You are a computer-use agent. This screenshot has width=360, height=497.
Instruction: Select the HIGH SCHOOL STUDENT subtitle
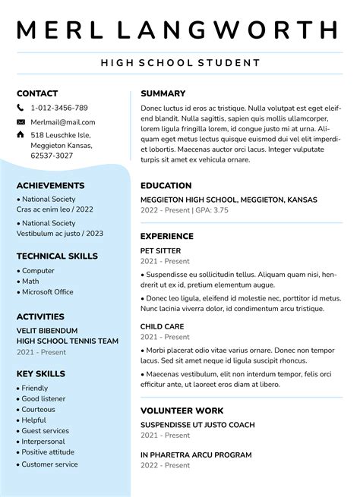point(179,63)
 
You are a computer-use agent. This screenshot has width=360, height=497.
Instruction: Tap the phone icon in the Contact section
point(21,108)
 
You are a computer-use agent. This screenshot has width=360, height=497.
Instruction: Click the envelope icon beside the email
point(21,121)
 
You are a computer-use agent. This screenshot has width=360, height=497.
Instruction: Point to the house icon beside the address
point(21,134)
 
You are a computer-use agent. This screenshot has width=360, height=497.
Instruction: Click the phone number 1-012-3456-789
point(59,108)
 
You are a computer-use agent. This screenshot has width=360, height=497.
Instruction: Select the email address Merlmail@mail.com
point(63,121)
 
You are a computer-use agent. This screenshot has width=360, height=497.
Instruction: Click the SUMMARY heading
point(163,93)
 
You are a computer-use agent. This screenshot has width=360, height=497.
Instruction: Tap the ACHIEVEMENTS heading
point(50,185)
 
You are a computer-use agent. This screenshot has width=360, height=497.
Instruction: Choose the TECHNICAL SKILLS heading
point(57,256)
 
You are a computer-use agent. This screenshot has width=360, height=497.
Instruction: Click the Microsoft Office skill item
point(47,291)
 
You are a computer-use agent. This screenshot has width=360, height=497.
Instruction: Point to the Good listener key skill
point(43,398)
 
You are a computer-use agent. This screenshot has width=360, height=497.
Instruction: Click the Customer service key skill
point(49,464)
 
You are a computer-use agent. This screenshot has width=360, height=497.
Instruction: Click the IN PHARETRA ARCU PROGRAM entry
point(196,455)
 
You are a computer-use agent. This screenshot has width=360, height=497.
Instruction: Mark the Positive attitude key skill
point(49,452)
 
